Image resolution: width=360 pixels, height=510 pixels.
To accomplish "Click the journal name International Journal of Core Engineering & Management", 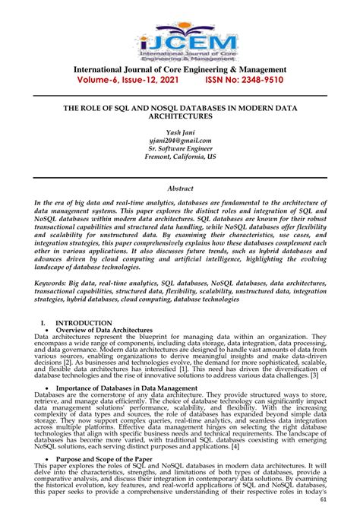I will (179, 69).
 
